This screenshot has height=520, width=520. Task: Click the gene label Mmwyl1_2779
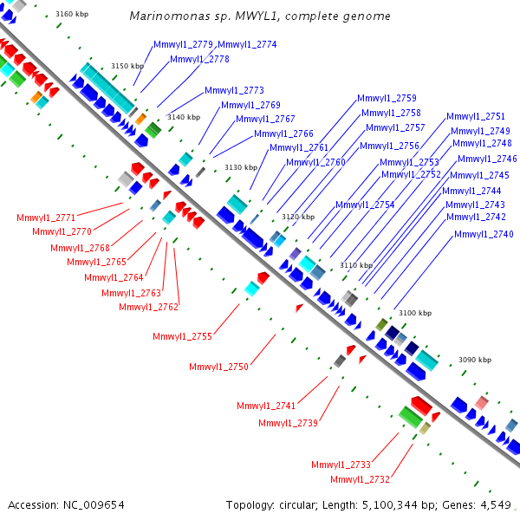183,44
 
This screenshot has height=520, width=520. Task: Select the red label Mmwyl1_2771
46,218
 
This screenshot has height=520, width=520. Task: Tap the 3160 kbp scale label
72,14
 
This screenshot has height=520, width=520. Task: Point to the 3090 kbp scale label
475,360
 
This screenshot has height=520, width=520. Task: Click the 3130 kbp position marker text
241,167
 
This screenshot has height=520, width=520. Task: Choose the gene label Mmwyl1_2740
484,234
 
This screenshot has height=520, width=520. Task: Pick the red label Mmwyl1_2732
361,479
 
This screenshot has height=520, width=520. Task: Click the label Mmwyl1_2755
182,336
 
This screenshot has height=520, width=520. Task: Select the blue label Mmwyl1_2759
387,98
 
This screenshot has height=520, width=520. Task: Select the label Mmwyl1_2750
219,367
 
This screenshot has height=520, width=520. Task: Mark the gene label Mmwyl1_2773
235,90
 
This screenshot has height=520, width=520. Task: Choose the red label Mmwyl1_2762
149,307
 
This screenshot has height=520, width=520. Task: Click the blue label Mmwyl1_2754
365,205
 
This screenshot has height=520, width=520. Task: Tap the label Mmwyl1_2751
476,116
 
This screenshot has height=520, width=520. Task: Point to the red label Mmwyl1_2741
266,406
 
